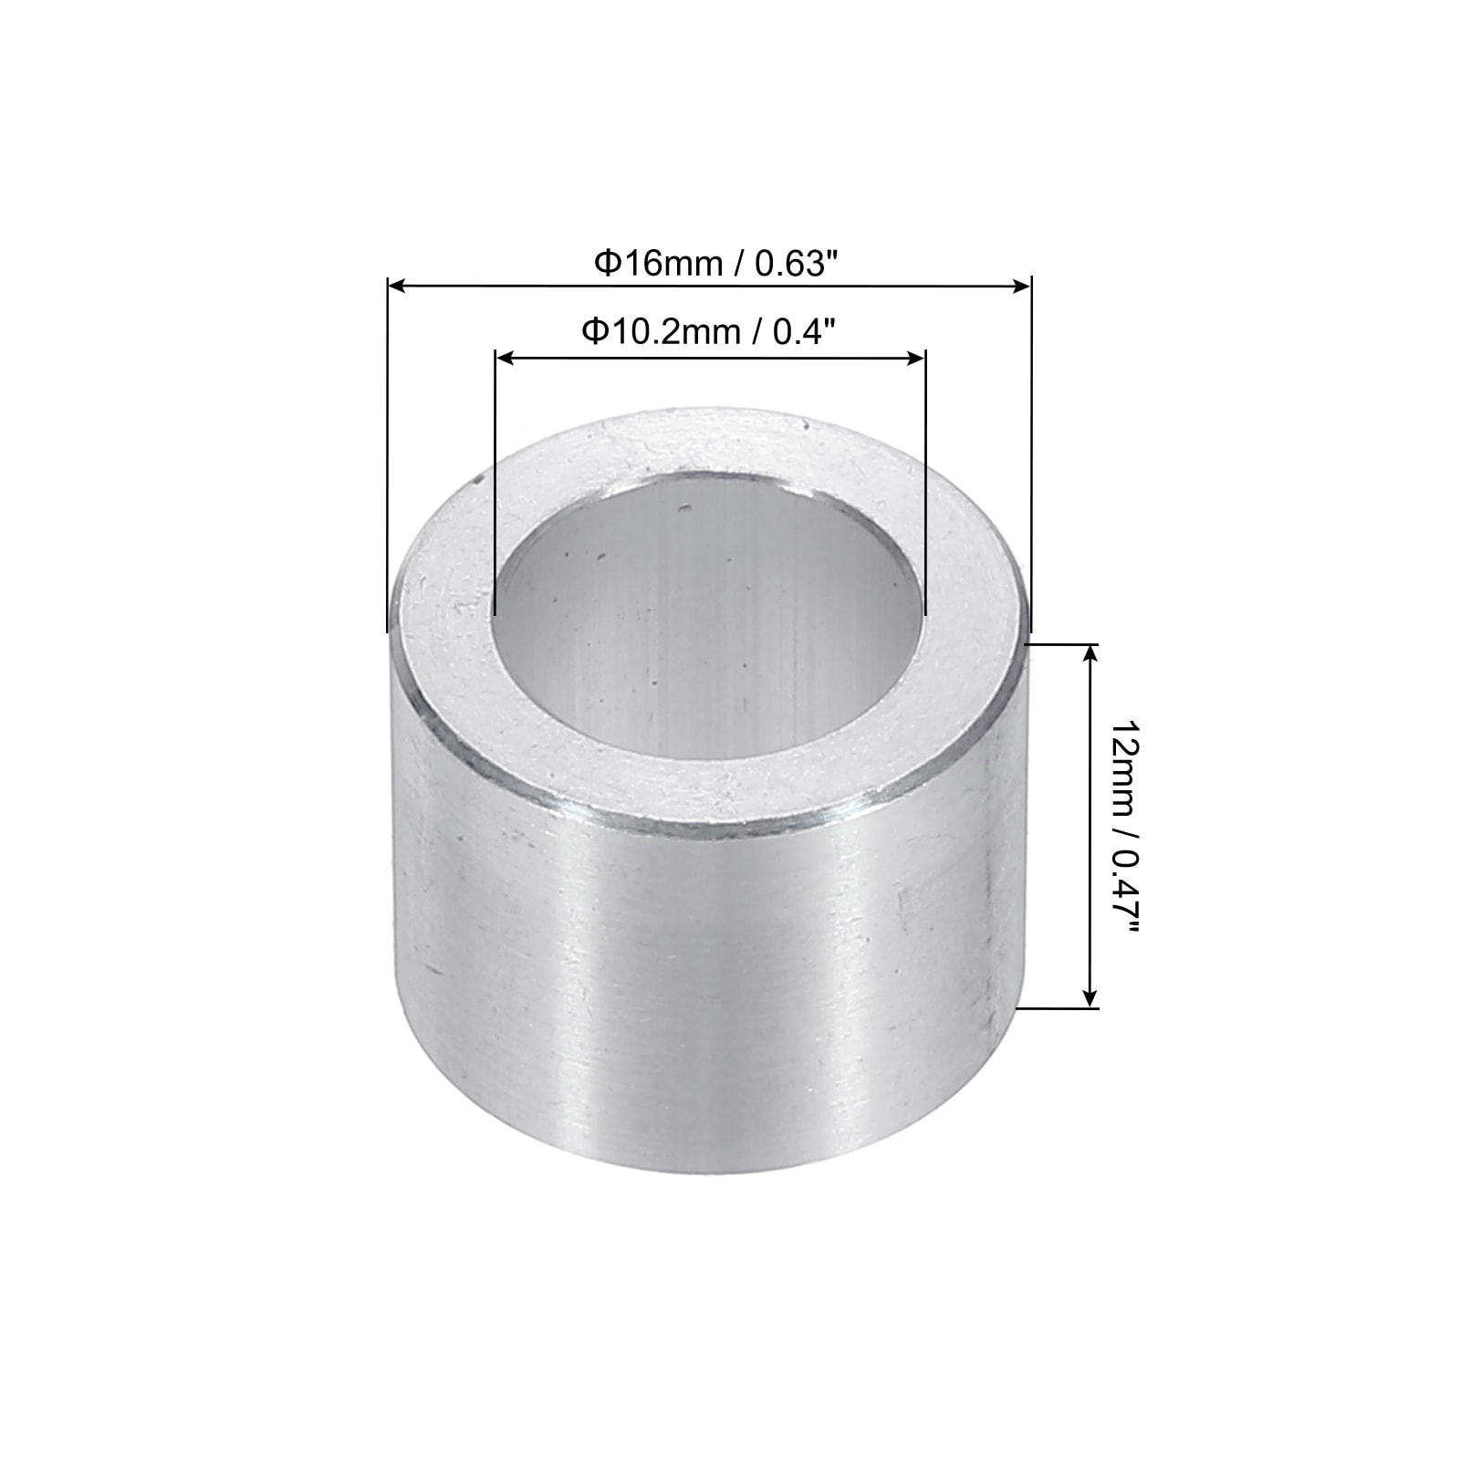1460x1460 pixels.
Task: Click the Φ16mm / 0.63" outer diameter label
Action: pos(715,264)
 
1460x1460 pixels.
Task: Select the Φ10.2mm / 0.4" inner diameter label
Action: pos(710,332)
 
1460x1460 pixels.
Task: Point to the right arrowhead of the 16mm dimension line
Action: pos(1021,287)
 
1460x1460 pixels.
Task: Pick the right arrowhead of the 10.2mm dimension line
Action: pos(916,359)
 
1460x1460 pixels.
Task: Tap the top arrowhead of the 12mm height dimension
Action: pos(1090,653)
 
